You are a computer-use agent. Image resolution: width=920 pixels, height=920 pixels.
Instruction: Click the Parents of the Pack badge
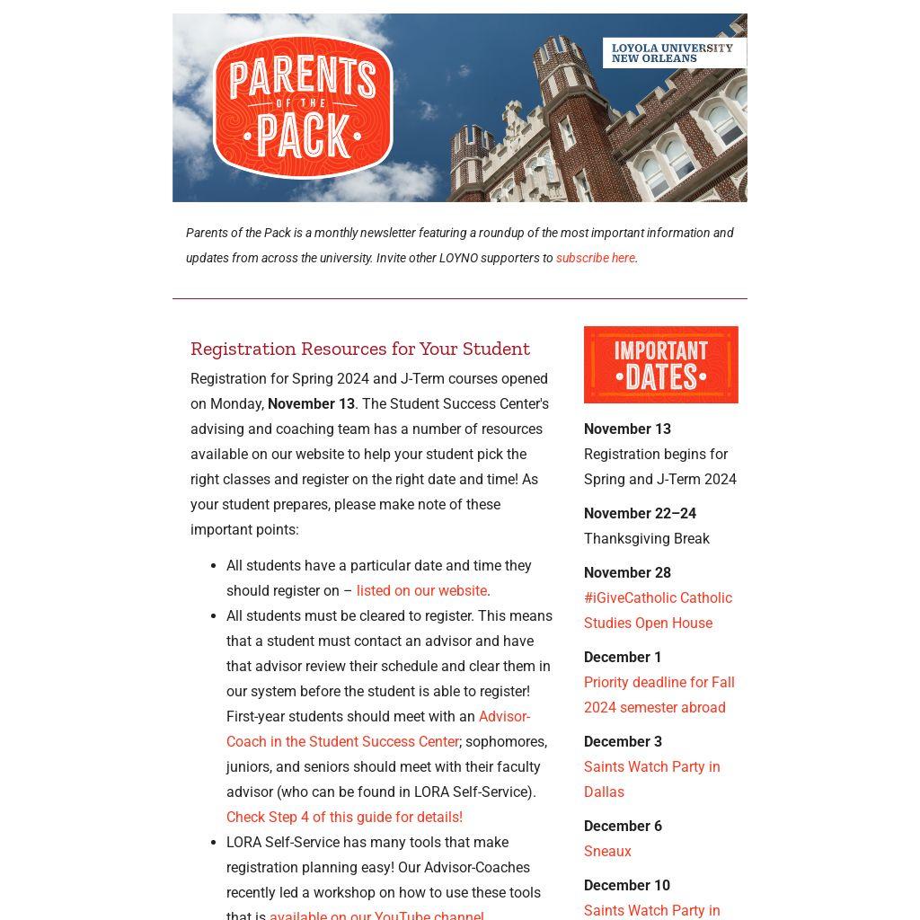pyautogui.click(x=303, y=106)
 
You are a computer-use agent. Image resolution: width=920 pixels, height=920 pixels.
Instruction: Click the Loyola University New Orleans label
pyautogui.click(x=673, y=53)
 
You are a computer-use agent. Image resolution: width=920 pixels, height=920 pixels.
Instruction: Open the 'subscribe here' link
pyautogui.click(x=595, y=258)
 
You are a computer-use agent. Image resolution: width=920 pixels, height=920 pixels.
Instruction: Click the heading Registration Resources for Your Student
pyautogui.click(x=359, y=349)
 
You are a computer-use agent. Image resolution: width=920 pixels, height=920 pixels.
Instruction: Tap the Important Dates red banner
pyautogui.click(x=660, y=365)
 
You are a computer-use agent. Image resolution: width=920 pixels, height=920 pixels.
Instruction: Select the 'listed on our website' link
pyautogui.click(x=421, y=591)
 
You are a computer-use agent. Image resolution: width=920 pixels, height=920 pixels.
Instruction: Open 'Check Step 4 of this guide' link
pyautogui.click(x=344, y=818)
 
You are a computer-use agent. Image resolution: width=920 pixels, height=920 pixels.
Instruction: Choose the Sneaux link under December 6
pyautogui.click(x=607, y=852)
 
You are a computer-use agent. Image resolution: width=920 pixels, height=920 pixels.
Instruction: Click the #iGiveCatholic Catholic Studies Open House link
pyautogui.click(x=658, y=611)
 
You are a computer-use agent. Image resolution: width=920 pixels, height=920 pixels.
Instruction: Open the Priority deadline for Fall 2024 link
pyautogui.click(x=659, y=695)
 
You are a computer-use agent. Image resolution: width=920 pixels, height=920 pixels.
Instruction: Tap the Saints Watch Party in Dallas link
pyautogui.click(x=651, y=780)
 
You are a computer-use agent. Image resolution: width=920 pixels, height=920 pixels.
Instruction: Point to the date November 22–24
pyautogui.click(x=640, y=514)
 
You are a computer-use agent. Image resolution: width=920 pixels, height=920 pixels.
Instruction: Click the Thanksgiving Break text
pyautogui.click(x=646, y=539)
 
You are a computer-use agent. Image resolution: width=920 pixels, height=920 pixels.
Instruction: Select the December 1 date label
pyautogui.click(x=623, y=658)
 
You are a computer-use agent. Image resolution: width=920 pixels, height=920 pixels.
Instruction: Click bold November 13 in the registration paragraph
pyautogui.click(x=311, y=404)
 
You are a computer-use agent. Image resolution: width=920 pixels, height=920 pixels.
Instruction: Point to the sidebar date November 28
pyautogui.click(x=627, y=573)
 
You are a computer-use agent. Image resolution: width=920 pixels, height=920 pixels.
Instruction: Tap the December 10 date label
pyautogui.click(x=626, y=886)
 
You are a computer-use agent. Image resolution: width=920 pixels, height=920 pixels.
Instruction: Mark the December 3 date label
pyautogui.click(x=623, y=742)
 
